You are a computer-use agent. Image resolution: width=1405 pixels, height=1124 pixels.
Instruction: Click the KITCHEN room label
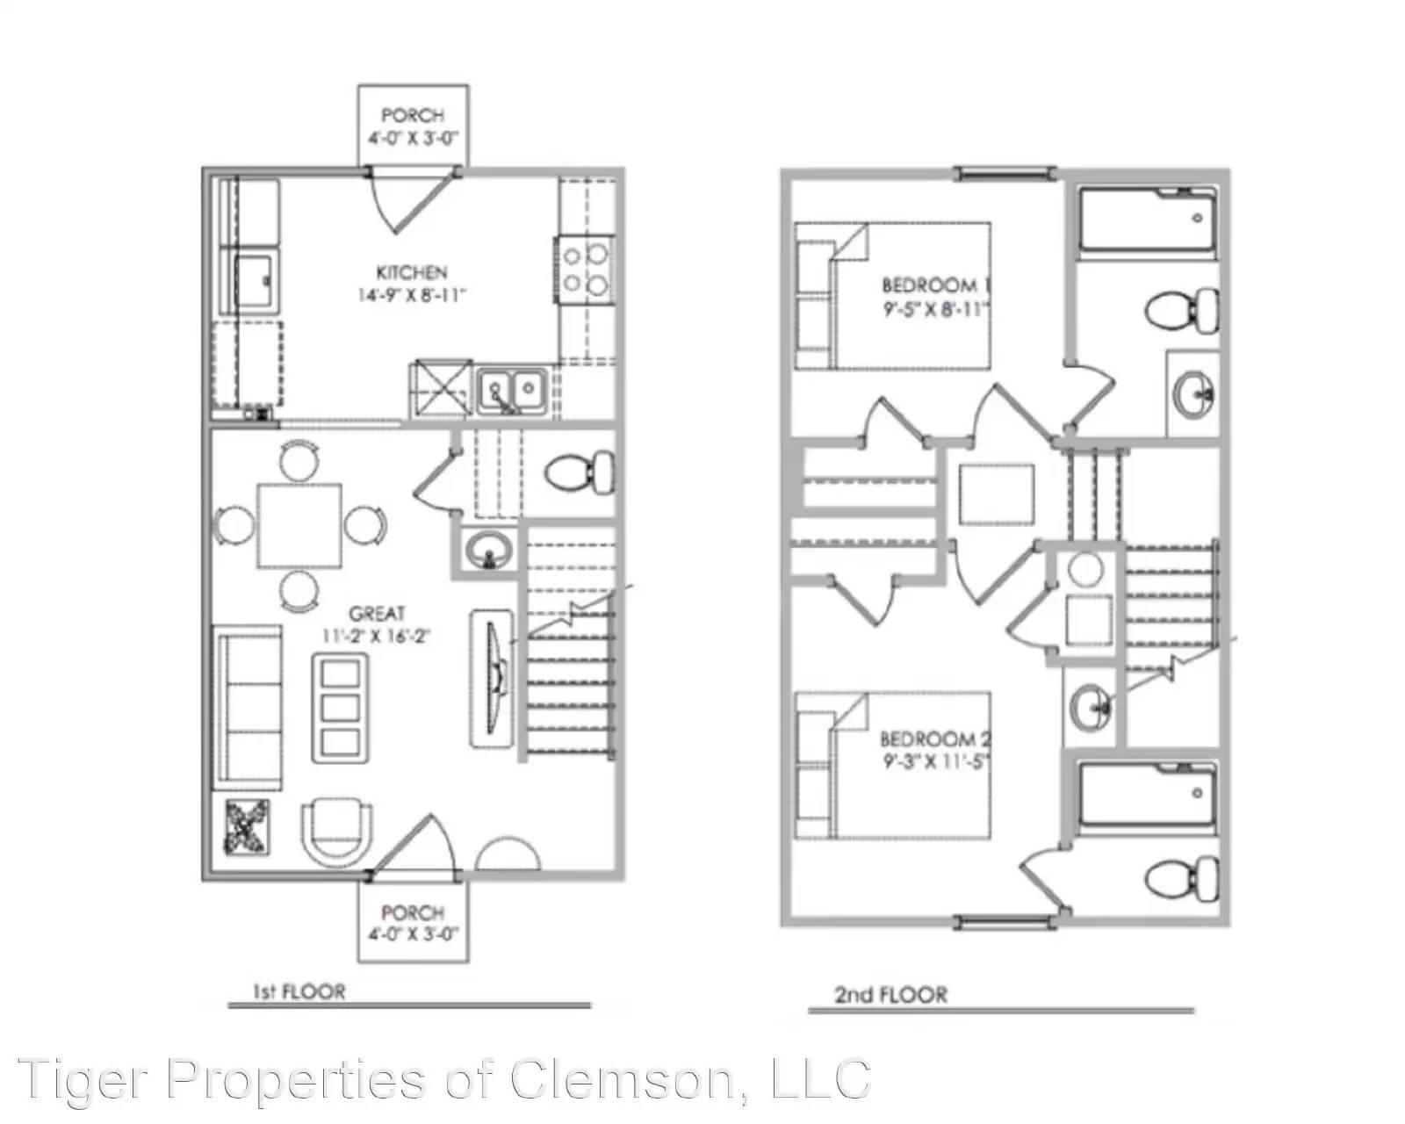411,273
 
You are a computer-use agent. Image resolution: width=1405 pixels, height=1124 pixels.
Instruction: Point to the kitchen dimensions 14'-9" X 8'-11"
411,295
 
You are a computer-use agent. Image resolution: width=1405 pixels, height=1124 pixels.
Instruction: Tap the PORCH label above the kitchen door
412,115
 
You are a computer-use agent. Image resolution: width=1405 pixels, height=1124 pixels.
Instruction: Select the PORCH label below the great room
412,913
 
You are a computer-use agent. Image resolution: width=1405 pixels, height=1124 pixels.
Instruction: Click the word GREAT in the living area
377,614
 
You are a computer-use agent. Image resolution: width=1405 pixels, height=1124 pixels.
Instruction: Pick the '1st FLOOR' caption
299,992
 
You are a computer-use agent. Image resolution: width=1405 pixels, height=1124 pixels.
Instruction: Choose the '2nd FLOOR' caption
890,995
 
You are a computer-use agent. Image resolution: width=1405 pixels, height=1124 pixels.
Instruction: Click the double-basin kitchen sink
512,389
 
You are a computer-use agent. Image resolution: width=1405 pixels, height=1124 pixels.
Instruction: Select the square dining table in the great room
299,525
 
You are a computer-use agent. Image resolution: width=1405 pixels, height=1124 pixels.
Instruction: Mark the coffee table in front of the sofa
340,707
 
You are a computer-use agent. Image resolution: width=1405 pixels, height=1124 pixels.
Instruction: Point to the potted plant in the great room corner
247,826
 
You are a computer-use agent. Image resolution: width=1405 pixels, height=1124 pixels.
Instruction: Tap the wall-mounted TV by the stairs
494,678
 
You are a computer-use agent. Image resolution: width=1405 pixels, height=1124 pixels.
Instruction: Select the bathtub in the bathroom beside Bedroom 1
1146,220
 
